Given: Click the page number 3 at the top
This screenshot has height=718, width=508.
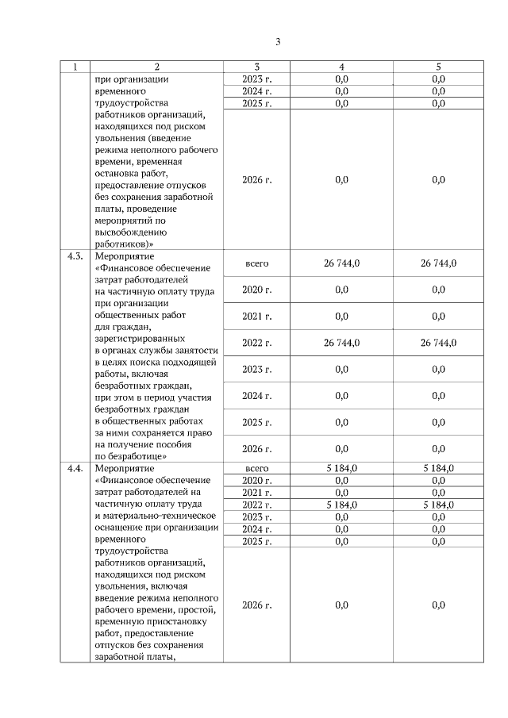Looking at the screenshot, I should tap(278, 42).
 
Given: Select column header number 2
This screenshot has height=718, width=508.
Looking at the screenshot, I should tap(156, 67).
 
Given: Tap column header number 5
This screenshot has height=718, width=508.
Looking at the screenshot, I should tap(438, 67).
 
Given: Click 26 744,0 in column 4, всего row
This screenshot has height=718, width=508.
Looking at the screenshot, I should tap(341, 263).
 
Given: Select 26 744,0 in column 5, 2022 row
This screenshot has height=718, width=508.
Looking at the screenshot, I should tap(438, 343).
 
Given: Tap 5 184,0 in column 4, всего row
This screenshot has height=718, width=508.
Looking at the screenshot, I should tap(341, 468).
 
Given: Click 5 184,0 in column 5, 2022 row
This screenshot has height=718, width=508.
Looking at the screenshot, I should tap(438, 505).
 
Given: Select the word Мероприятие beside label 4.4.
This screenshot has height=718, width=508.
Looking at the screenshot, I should tap(117, 468).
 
